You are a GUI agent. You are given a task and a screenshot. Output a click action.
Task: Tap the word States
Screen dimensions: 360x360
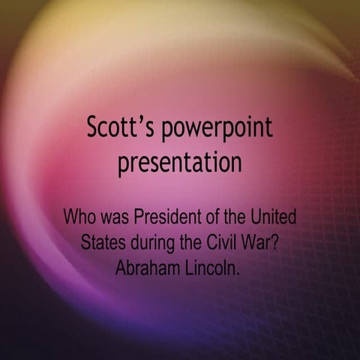103,244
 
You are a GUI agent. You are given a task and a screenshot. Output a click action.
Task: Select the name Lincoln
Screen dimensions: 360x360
210,268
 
